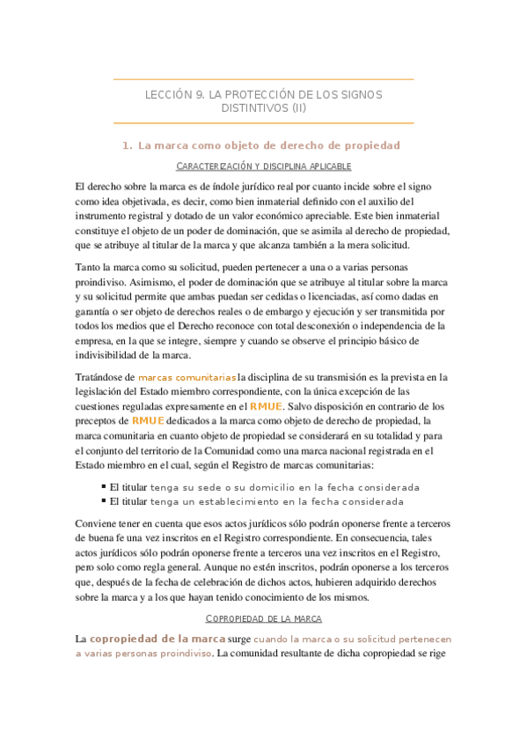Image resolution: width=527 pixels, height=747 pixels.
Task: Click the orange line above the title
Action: click(x=264, y=79)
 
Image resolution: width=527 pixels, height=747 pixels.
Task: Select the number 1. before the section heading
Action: click(x=128, y=145)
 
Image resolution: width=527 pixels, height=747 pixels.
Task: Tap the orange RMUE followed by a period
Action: click(x=266, y=407)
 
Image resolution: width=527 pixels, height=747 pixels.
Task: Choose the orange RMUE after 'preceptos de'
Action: click(x=148, y=421)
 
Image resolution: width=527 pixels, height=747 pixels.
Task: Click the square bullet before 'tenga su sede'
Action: click(x=105, y=487)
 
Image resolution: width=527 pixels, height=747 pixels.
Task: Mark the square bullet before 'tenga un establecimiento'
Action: click(x=105, y=501)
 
